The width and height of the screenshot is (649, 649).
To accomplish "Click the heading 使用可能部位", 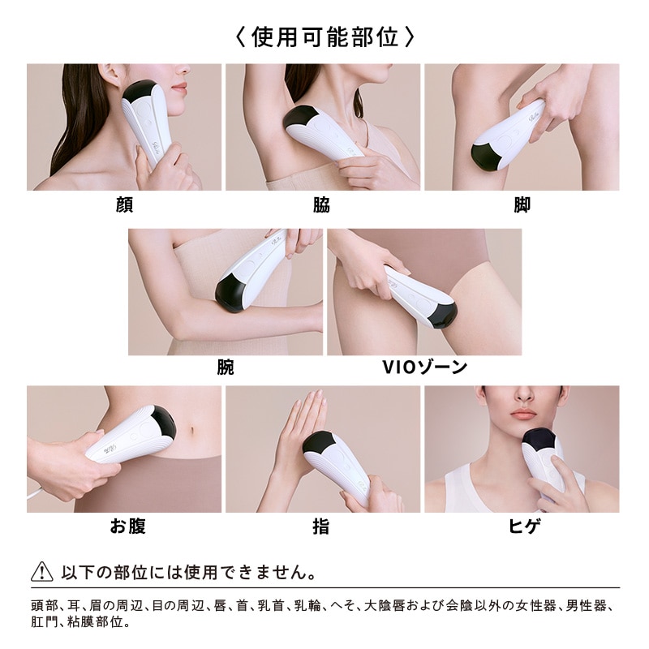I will tap(324, 37).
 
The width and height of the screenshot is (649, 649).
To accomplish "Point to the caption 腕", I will tap(226, 367).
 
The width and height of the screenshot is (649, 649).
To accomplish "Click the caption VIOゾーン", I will tap(424, 367).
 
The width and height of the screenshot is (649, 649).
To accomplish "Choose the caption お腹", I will tap(127, 527).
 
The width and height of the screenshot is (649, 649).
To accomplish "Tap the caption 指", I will tap(321, 527).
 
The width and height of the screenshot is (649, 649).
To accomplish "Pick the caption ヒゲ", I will tap(522, 527).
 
